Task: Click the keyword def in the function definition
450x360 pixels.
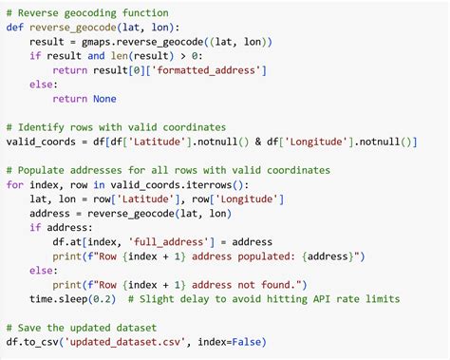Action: point(15,27)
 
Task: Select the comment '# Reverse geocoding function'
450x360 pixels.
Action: point(87,12)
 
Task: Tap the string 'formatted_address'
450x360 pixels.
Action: point(203,69)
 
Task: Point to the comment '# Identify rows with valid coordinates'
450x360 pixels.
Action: point(116,126)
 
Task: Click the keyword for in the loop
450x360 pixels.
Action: point(15,184)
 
